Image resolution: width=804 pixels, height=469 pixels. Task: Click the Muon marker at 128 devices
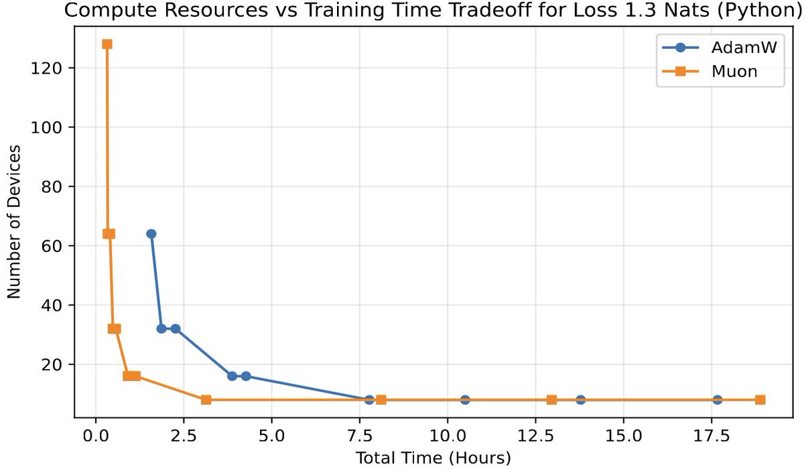(x=107, y=44)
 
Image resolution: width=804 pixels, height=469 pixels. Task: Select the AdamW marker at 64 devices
(x=151, y=234)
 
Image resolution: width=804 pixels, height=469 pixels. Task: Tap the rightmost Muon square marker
(x=760, y=400)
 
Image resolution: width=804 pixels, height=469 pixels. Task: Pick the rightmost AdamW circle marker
(x=718, y=400)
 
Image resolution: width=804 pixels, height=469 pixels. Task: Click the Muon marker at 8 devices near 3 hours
(x=206, y=400)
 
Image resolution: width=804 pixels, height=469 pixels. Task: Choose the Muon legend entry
(x=720, y=71)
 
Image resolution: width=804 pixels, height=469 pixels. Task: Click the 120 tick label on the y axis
(x=53, y=68)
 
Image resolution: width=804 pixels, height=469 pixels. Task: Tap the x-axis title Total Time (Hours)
(x=433, y=458)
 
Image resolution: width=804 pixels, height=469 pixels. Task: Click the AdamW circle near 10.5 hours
(x=465, y=400)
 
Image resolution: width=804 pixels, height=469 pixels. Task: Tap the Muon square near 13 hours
(x=551, y=400)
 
